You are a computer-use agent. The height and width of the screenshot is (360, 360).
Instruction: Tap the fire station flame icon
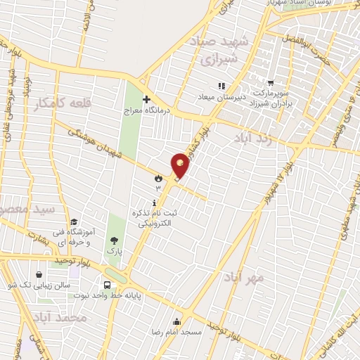pos(158,179)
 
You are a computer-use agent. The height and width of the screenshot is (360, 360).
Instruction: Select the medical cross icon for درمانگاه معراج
pos(146,99)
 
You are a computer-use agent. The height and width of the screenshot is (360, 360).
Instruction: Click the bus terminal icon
pos(107,285)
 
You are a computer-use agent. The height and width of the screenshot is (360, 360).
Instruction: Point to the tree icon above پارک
pos(114,240)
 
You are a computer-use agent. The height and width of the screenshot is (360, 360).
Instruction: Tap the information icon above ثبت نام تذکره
pos(154,202)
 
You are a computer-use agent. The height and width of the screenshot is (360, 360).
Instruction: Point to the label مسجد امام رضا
pos(177,330)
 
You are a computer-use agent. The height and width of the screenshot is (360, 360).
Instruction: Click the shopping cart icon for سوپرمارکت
pos(269,83)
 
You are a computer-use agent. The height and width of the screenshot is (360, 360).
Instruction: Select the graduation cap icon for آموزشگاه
pos(74,223)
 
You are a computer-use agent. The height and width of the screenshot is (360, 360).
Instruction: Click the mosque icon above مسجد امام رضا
pos(176,321)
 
